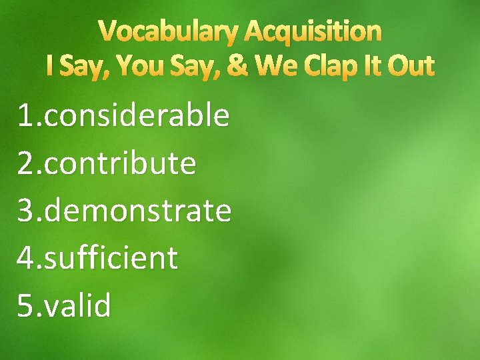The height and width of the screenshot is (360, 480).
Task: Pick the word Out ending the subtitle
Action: click(411, 66)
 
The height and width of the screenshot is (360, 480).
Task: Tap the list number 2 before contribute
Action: click(25, 163)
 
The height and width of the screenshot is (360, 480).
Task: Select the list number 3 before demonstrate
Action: click(25, 211)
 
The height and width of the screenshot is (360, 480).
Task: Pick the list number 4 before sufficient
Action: click(25, 258)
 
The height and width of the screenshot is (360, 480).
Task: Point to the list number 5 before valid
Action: click(25, 306)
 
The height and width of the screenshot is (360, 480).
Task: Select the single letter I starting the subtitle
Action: click(51, 66)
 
